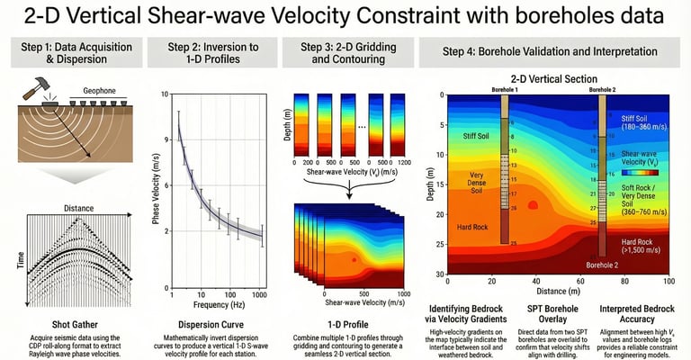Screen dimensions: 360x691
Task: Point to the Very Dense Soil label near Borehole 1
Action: tap(476, 180)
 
